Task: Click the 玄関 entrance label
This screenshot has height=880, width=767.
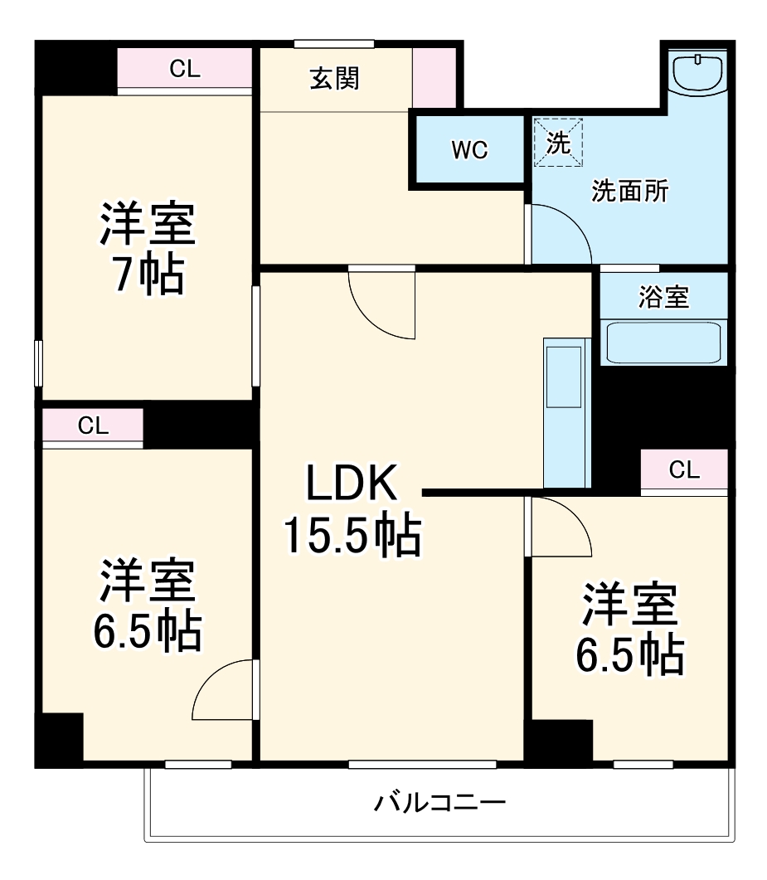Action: click(335, 79)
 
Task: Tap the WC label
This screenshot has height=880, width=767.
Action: click(469, 151)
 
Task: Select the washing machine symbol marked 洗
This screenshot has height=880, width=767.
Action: click(558, 143)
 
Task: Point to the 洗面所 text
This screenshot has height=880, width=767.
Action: click(629, 192)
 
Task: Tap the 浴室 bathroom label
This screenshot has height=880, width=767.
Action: click(663, 297)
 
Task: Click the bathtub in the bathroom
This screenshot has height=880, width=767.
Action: click(663, 342)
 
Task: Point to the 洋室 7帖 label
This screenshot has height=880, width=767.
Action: click(148, 249)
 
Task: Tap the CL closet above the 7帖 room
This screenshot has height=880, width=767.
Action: click(184, 70)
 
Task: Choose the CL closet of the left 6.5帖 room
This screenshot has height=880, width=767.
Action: click(93, 426)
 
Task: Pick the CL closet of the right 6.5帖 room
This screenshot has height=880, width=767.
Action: click(684, 471)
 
